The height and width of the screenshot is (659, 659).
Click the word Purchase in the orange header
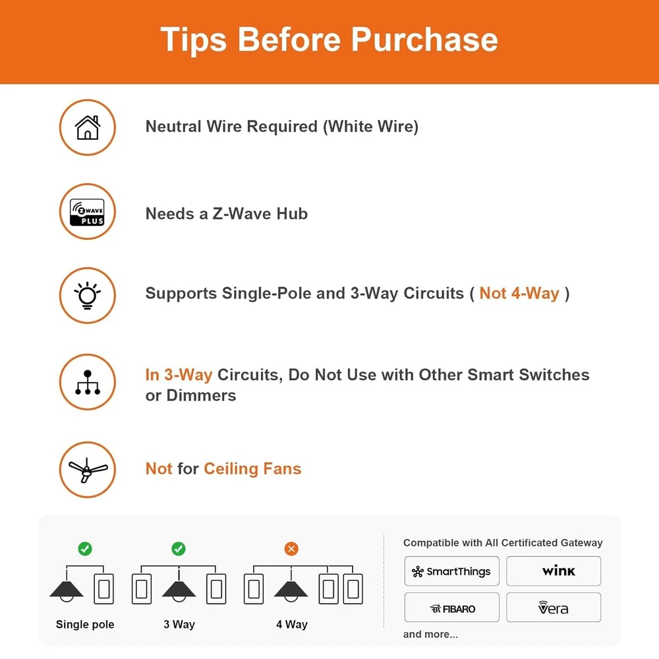[x=424, y=40]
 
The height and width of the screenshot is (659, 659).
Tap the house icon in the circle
[x=88, y=127]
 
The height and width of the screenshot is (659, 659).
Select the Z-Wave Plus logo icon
[x=88, y=212]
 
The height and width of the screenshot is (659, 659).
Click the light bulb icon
[x=88, y=295]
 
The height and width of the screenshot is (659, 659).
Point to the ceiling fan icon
[x=88, y=470]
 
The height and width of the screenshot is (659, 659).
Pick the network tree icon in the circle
[x=88, y=382]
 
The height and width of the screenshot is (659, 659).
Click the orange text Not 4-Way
[x=519, y=293]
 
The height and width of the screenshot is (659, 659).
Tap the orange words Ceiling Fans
[x=252, y=469]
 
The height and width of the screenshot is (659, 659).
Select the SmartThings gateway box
[x=452, y=571]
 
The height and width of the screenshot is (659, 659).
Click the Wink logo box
[x=554, y=571]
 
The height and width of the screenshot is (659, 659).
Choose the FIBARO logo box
[x=452, y=608]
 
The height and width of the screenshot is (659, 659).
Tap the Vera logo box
[x=554, y=608]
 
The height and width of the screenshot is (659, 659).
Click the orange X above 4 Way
[x=291, y=548]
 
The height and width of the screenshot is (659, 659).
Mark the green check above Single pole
[x=85, y=548]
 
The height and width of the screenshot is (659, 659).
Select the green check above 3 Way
[x=179, y=548]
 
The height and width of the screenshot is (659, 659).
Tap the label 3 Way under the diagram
[x=179, y=625]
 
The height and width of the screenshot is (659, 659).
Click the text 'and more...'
[x=430, y=634]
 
